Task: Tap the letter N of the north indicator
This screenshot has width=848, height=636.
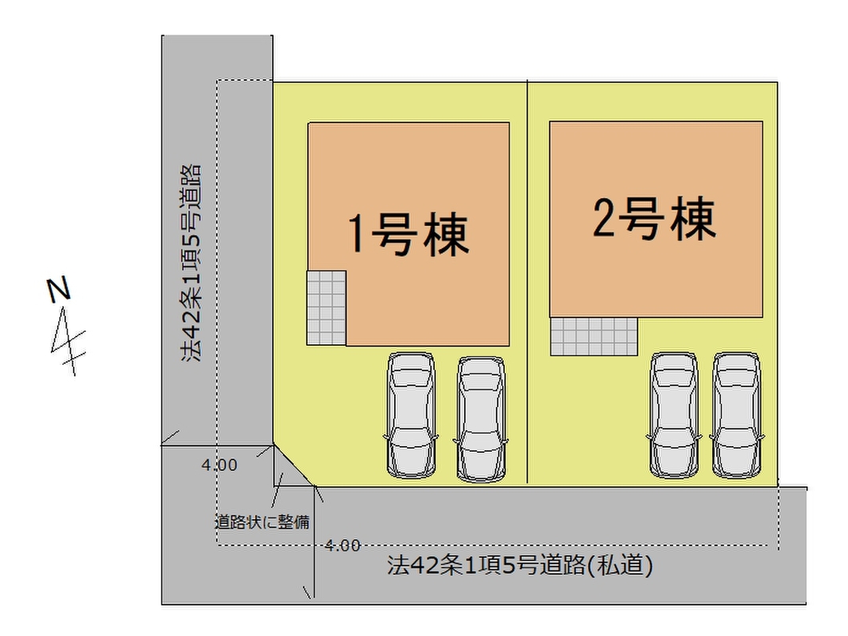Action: (57, 289)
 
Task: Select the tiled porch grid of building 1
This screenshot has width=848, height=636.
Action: (327, 308)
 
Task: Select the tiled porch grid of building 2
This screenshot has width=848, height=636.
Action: (594, 336)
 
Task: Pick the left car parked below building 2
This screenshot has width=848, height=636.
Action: (674, 414)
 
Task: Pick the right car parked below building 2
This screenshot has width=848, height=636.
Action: (735, 414)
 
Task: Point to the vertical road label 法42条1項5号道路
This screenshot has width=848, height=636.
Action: (190, 262)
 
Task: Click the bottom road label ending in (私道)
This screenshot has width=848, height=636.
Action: (521, 566)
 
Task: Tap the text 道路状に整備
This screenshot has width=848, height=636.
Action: (261, 522)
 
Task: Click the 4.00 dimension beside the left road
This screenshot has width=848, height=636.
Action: (219, 466)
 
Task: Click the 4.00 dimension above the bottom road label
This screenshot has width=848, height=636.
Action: (343, 545)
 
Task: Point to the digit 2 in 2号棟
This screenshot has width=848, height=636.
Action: (605, 219)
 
